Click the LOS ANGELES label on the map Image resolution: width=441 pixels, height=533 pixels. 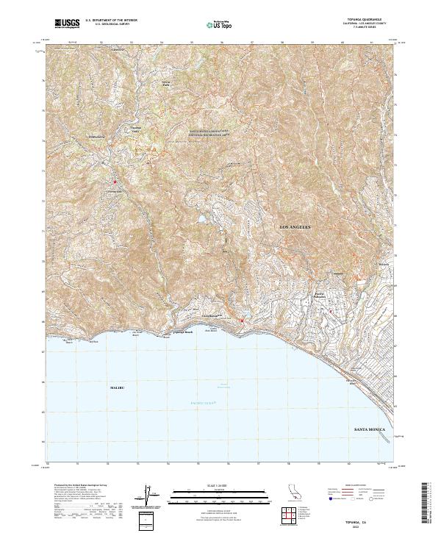click(x=297, y=228)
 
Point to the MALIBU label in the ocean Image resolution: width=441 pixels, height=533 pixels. click(x=118, y=387)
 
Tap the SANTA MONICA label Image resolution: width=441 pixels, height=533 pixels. click(x=370, y=429)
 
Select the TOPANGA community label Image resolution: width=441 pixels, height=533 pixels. click(x=97, y=137)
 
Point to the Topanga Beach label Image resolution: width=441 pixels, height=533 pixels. click(x=182, y=332)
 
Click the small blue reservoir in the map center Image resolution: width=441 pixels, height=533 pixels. click(x=199, y=219)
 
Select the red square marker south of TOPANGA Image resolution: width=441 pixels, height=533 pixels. click(x=115, y=182)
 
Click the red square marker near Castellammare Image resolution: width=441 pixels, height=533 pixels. click(x=242, y=321)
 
